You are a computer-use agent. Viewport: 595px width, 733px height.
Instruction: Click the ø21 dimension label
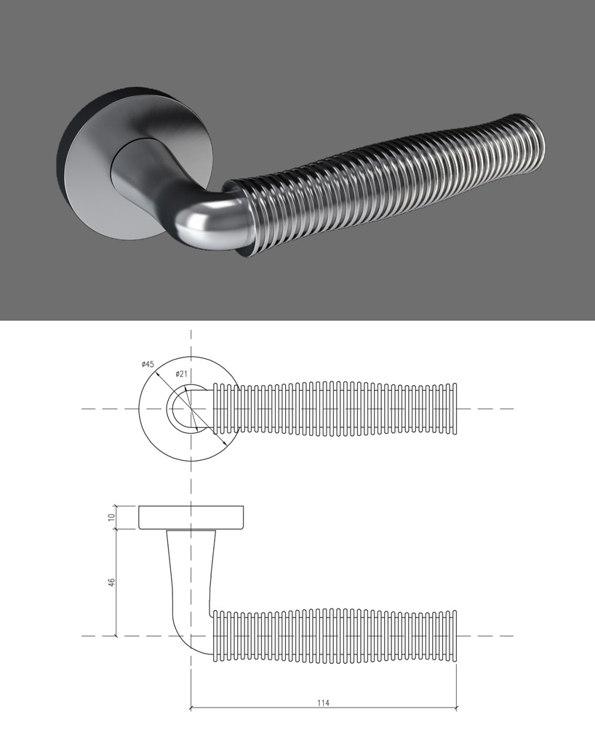point(182,373)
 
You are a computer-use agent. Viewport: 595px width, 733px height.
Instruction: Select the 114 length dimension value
point(324,702)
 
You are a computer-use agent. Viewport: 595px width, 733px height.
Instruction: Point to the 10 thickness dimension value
point(111,517)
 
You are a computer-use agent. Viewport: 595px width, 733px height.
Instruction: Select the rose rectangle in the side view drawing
point(191,517)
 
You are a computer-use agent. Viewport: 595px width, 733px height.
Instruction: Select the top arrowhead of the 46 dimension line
point(116,532)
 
